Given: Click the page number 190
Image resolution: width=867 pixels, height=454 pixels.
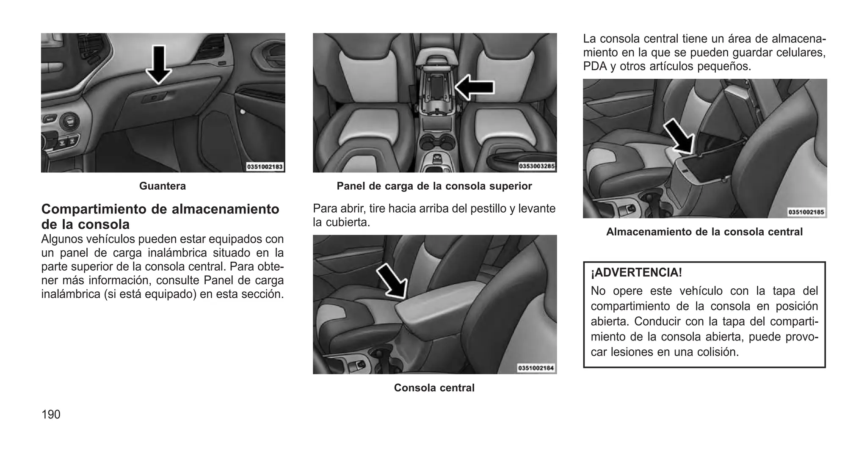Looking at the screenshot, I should [x=51, y=414].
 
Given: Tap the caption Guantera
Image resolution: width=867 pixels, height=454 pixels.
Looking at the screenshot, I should [x=163, y=186].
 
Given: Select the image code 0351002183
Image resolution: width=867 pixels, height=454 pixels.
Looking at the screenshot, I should [x=265, y=167].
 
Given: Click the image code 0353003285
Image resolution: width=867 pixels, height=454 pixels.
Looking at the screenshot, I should [x=537, y=166].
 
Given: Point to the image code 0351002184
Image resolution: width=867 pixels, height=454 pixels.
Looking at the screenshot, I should [x=536, y=368].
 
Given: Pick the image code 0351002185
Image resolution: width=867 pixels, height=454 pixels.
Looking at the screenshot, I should [x=806, y=212].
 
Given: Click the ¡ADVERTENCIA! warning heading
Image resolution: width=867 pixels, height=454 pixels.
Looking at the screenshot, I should [x=636, y=272].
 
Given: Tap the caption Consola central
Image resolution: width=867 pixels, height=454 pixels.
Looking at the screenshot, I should [x=434, y=388].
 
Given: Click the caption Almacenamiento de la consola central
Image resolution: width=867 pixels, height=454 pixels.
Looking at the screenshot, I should [x=704, y=232].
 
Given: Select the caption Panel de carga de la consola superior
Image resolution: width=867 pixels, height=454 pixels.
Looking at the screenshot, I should [x=434, y=186].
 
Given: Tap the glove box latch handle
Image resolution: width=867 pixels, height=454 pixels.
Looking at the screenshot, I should [x=153, y=98].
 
